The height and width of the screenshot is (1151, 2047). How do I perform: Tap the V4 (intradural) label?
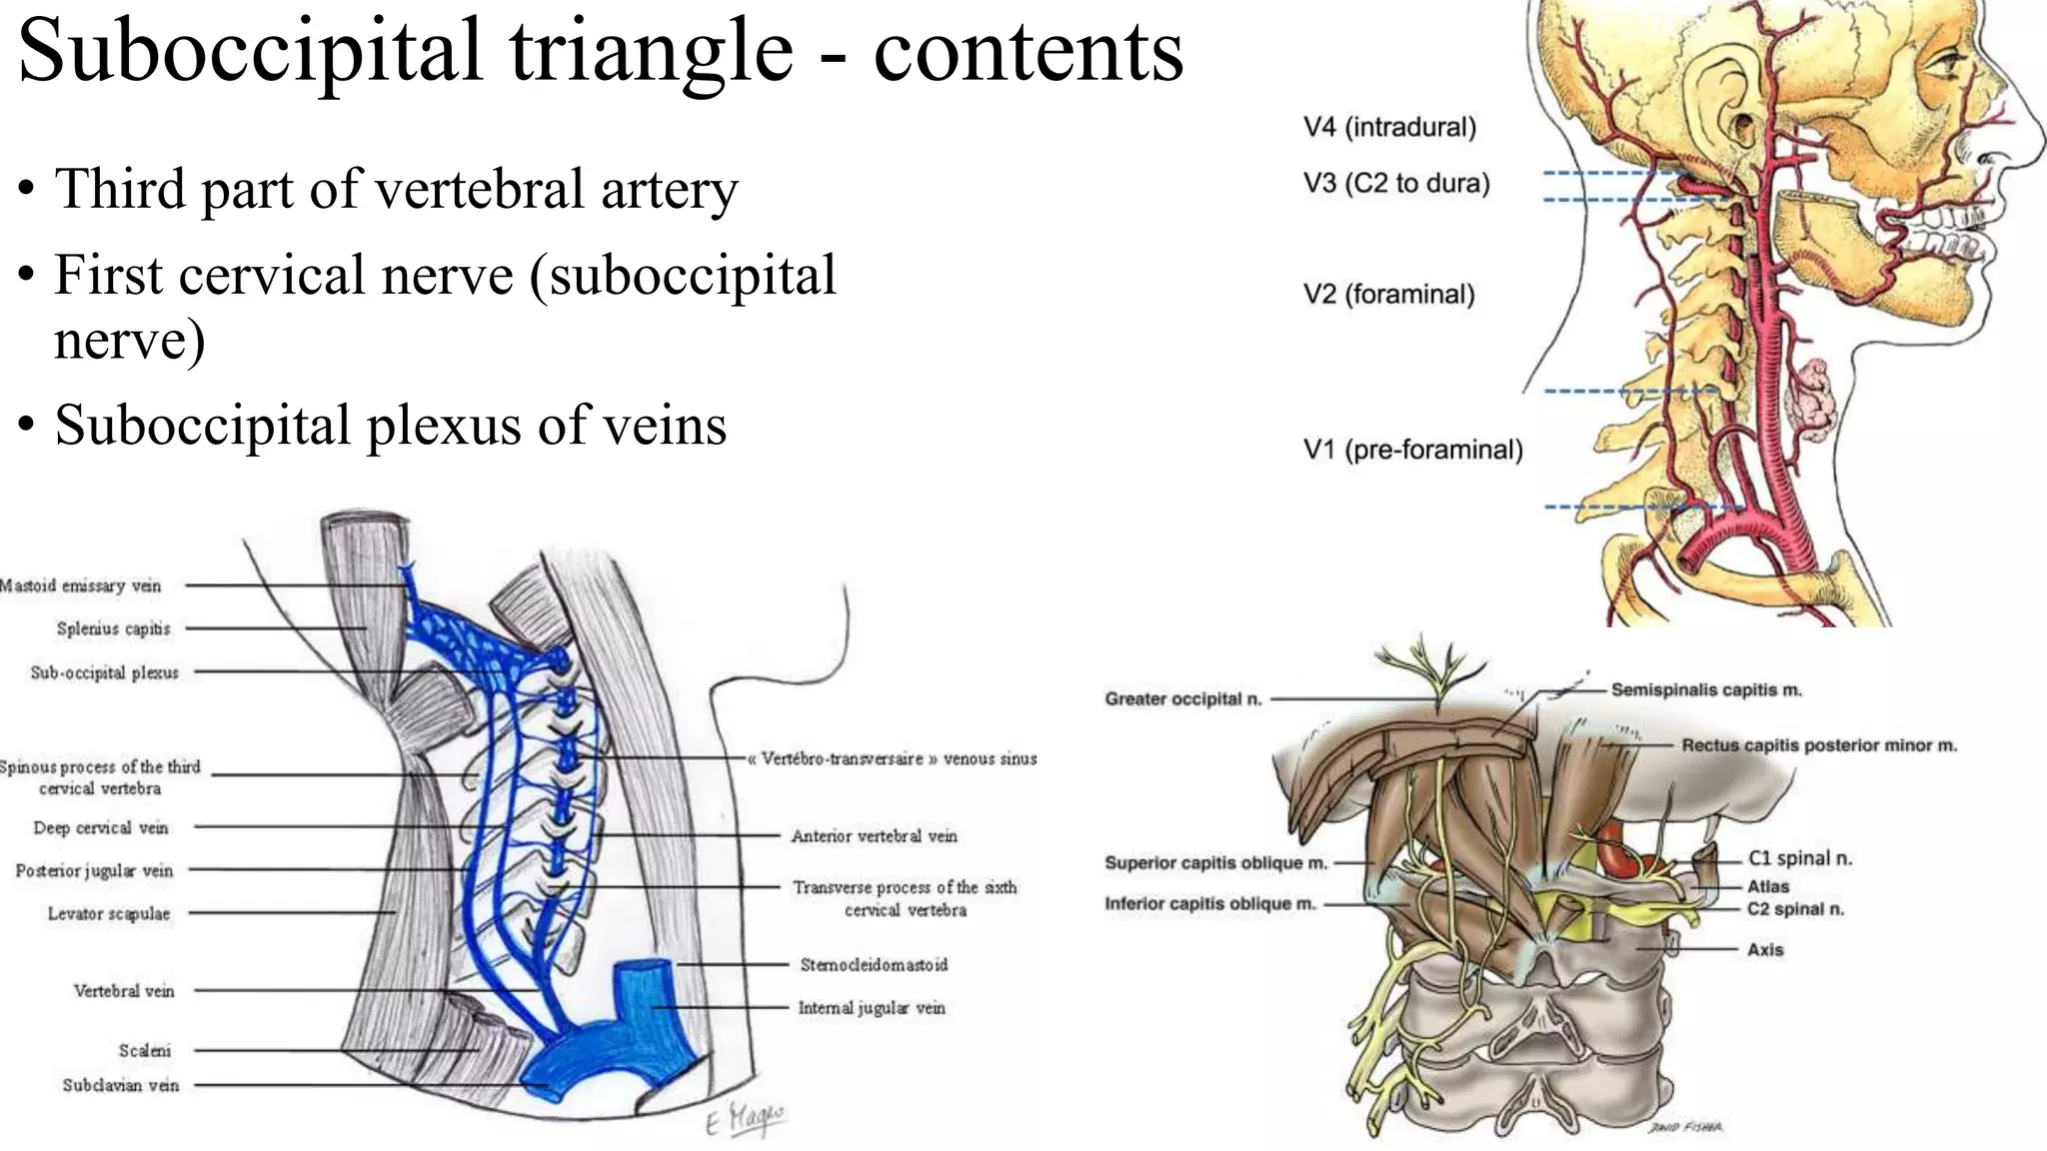pos(1389,128)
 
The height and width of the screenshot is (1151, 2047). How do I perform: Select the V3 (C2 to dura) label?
pos(1396,184)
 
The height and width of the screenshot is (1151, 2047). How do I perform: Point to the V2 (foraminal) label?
pos(1388,295)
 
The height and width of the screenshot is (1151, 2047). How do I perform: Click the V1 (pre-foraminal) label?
pos(1412,451)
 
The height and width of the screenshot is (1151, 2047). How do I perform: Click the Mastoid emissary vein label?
pos(80,585)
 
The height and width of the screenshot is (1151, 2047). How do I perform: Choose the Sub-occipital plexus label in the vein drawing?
pos(104,673)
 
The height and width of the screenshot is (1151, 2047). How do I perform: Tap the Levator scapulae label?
pos(108,914)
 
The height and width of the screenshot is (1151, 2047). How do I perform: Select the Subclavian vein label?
pos(120,1085)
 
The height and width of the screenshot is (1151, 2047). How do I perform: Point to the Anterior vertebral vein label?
pos(874,836)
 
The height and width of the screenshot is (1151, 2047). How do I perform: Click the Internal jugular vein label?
pos(871,1008)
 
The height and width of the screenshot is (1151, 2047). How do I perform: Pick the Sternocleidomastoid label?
pos(874,965)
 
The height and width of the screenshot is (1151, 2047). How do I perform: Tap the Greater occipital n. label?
pos(1182,699)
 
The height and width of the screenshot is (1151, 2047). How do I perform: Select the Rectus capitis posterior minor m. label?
pos(1818,746)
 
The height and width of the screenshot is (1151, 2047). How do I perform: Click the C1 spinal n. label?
pos(1799,858)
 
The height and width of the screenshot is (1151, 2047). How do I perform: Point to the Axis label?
pos(1764,950)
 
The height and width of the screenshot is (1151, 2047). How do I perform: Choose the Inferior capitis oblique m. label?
pos(1209,904)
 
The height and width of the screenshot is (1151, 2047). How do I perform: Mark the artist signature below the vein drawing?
pos(745,1119)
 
